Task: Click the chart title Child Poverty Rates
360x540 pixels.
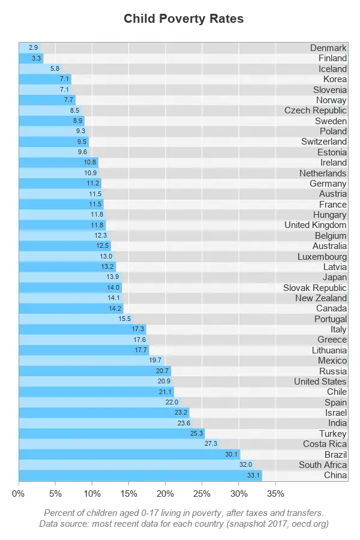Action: click(x=184, y=19)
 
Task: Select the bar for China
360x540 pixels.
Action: click(x=140, y=475)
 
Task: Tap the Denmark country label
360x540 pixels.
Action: click(x=328, y=48)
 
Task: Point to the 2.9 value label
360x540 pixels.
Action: click(x=33, y=47)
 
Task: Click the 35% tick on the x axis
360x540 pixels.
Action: click(x=275, y=494)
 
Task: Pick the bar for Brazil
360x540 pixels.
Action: click(x=129, y=454)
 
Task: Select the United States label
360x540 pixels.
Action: click(x=320, y=382)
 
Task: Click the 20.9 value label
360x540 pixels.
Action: click(x=164, y=382)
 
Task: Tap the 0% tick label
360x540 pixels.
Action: click(x=18, y=494)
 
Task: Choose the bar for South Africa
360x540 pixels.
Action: click(x=136, y=465)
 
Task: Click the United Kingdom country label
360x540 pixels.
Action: click(x=315, y=225)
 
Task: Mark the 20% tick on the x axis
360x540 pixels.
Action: click(x=166, y=494)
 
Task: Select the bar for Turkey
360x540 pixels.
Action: click(x=112, y=433)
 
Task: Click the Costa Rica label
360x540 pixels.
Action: click(x=325, y=444)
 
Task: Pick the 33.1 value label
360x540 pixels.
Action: click(x=253, y=475)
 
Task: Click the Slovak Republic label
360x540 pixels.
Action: click(x=314, y=288)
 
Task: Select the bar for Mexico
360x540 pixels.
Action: click(x=91, y=361)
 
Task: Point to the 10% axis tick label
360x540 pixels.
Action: click(x=92, y=494)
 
